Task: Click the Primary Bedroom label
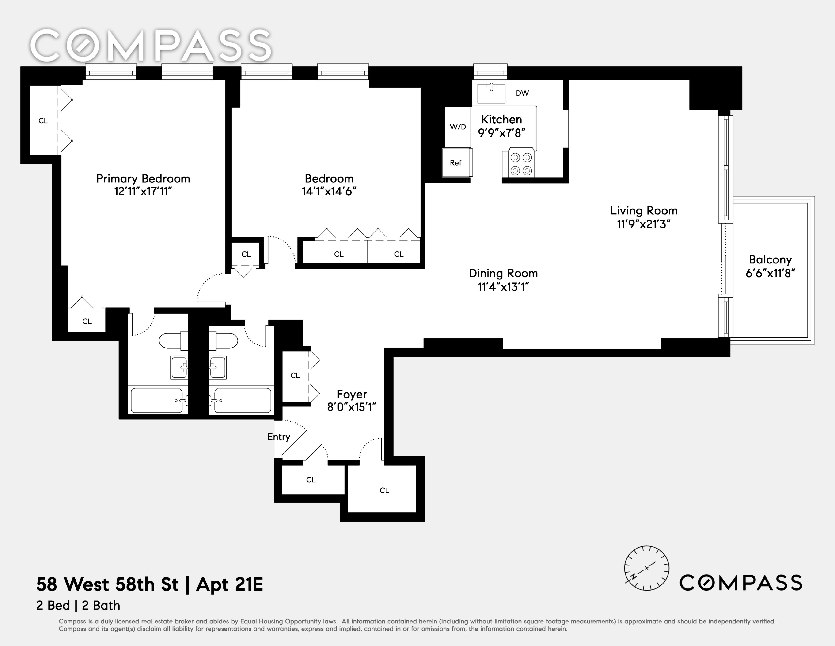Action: [143, 179]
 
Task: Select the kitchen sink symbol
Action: [491, 93]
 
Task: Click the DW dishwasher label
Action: [522, 93]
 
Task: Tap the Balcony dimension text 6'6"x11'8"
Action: [770, 273]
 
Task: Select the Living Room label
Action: [643, 210]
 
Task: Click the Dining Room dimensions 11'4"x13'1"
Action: [503, 287]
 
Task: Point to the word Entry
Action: [279, 437]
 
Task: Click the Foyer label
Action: [352, 394]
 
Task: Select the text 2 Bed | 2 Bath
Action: [78, 605]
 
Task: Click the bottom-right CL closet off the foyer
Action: [384, 490]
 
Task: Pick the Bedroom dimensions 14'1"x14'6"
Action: [329, 191]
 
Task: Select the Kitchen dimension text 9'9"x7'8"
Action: [502, 133]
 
